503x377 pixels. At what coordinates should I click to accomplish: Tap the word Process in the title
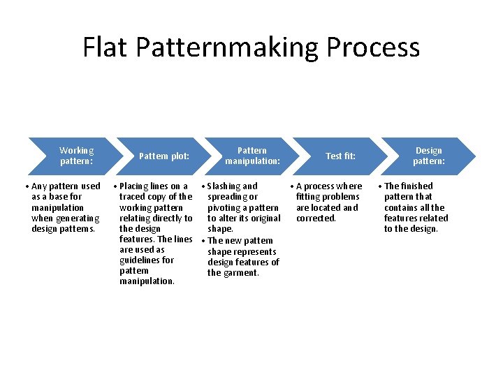tap(373, 47)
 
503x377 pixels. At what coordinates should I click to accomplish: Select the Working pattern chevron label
tap(76, 156)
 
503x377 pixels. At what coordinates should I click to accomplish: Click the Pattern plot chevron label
tap(164, 156)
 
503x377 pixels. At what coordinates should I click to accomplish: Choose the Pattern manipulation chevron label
tap(252, 156)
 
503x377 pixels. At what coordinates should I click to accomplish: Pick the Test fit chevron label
tap(340, 156)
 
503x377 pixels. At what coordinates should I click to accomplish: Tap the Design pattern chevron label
tap(428, 156)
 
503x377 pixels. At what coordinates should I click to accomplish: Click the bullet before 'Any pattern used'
tap(26, 186)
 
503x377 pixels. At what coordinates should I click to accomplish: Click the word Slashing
tap(224, 186)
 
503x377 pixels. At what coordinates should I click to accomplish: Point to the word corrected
tap(316, 219)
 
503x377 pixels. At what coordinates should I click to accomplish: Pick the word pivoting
tap(224, 208)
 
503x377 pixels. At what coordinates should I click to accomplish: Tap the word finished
tap(417, 186)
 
